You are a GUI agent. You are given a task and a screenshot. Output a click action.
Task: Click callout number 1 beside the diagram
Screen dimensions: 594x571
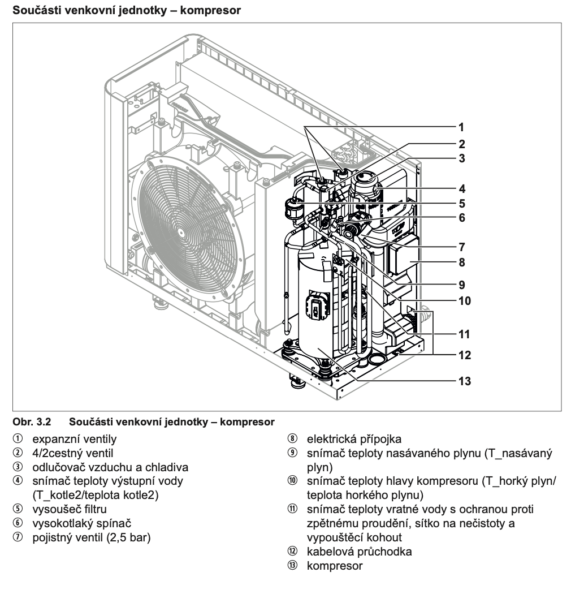461,127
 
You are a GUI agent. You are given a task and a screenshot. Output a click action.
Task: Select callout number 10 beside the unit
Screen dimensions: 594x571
464,300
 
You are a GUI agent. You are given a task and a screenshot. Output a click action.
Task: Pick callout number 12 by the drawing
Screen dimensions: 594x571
464,355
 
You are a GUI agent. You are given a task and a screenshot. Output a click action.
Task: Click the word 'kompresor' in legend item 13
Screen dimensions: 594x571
328,564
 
